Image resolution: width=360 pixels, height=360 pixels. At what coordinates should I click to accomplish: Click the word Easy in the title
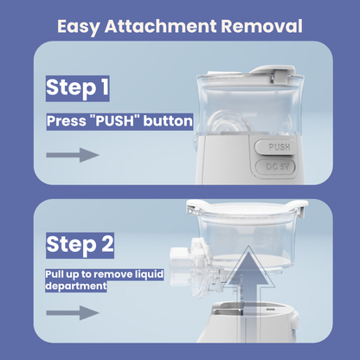click(x=79, y=27)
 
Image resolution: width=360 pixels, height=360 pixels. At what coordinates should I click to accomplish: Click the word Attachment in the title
click(x=160, y=26)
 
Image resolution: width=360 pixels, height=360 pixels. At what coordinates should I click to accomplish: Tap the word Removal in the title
click(x=261, y=26)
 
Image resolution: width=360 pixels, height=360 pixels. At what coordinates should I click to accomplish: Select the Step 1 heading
click(x=77, y=87)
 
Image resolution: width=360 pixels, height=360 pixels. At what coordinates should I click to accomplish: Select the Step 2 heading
click(x=80, y=245)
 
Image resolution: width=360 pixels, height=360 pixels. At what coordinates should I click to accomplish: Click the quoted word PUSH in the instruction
click(x=114, y=121)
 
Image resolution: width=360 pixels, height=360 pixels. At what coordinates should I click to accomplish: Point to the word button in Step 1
click(x=168, y=121)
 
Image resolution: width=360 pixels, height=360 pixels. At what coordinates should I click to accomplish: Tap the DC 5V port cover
click(x=276, y=167)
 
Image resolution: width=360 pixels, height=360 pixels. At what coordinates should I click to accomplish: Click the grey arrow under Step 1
click(x=73, y=155)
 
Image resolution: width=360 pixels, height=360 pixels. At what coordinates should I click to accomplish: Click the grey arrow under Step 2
click(x=73, y=313)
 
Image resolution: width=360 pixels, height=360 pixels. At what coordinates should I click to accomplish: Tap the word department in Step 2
click(x=76, y=286)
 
